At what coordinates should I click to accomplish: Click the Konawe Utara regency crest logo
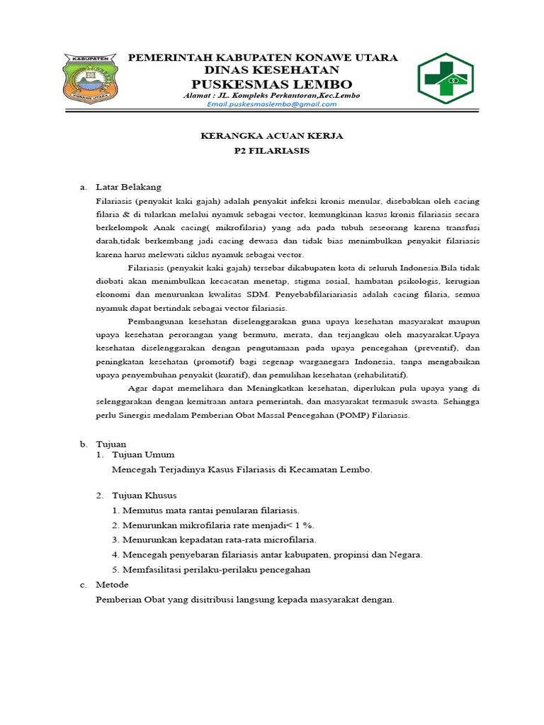(91, 79)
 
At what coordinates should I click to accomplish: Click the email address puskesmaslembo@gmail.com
(272, 104)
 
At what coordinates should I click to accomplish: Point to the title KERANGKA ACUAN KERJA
(272, 136)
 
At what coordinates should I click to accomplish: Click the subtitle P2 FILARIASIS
(272, 151)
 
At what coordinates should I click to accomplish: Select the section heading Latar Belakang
(128, 187)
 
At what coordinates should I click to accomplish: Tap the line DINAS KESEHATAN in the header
(272, 70)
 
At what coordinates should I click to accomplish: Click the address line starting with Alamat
(272, 95)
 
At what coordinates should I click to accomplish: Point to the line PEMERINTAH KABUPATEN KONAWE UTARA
(262, 57)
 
